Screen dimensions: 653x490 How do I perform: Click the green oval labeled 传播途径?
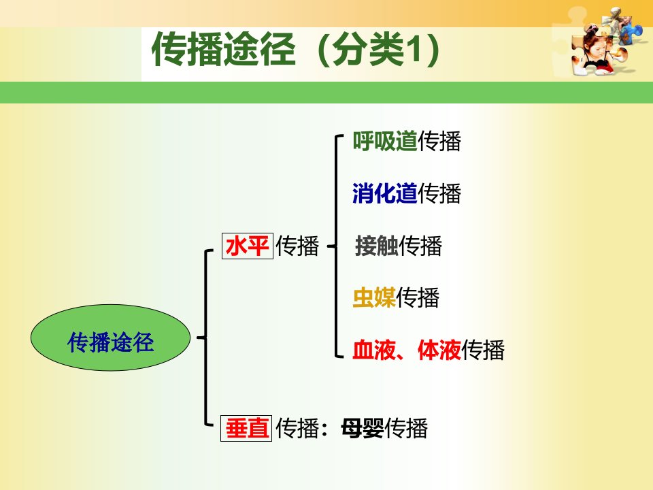110,338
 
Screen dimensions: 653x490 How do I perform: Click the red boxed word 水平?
248,246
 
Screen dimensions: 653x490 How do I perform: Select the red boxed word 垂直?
246,428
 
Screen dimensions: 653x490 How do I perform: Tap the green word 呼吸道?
385,141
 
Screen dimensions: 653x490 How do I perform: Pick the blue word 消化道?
385,193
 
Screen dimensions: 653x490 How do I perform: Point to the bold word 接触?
376,246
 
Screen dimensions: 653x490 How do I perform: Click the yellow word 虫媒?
374,297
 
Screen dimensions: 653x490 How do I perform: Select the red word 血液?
374,350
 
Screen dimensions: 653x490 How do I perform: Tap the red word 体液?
439,350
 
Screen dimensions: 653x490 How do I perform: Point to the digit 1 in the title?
412,50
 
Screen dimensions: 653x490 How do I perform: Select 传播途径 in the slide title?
224,49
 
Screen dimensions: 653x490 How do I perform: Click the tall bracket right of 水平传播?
335,246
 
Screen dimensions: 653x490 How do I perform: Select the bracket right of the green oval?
205,338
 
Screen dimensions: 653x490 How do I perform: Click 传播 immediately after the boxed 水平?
297,246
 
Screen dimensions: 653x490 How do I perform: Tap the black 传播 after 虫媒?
418,297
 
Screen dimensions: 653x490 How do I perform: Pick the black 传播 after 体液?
483,350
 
